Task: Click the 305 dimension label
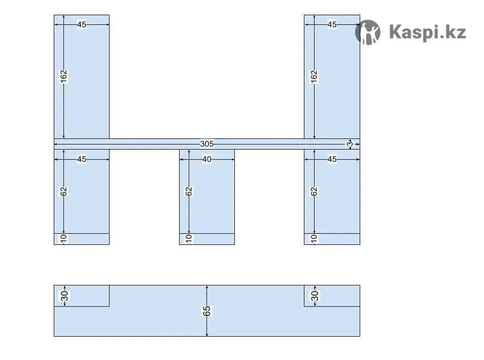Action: click(206, 144)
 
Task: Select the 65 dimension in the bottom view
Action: click(207, 311)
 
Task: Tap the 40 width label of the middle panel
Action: click(207, 159)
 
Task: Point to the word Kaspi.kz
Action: click(427, 32)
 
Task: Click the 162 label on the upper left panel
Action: click(63, 77)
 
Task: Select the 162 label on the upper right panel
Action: click(314, 77)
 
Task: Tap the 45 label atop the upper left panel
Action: click(82, 24)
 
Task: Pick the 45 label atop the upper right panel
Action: click(332, 24)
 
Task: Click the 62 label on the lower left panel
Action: click(63, 192)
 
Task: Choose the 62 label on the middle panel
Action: click(189, 192)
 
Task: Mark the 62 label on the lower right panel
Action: click(314, 192)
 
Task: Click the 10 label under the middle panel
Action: click(189, 238)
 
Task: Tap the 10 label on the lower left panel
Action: click(63, 238)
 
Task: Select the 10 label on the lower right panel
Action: click(314, 238)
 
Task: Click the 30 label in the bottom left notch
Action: click(64, 296)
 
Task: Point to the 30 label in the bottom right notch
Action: click(315, 296)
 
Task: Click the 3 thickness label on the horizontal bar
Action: click(350, 144)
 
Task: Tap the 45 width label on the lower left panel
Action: click(82, 159)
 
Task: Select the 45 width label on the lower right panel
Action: click(332, 159)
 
